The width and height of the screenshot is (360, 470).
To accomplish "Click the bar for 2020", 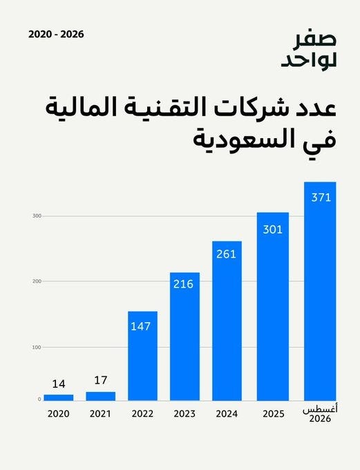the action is (x=59, y=397).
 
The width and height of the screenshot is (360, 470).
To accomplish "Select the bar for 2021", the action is (x=100, y=396).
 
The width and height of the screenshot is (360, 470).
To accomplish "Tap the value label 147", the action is (x=140, y=326).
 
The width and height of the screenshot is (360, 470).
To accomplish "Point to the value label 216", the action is (x=183, y=284).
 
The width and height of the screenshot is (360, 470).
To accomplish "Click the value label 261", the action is (x=226, y=254).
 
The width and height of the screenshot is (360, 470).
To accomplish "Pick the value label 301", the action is (x=273, y=229).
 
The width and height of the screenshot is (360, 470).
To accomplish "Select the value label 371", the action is (x=321, y=198).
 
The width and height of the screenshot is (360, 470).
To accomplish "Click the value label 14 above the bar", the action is (x=59, y=384).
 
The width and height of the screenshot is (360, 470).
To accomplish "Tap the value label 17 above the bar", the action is (x=101, y=380).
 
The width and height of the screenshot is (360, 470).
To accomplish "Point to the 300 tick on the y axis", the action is (x=37, y=216).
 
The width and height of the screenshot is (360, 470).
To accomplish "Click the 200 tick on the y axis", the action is (x=37, y=281).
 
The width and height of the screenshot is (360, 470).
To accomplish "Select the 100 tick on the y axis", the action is (x=37, y=347).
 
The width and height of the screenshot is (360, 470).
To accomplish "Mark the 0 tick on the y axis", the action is (x=39, y=399).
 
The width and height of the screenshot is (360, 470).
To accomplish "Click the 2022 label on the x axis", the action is (x=142, y=413).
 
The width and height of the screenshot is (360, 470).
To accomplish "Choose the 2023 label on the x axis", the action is (x=184, y=413).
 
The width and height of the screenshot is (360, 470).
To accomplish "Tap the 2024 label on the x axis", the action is (x=227, y=413).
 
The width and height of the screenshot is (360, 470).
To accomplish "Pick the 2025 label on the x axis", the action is (x=274, y=413).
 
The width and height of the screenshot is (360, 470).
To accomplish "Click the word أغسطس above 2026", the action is (x=320, y=410).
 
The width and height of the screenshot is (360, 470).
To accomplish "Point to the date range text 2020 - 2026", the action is (x=57, y=34).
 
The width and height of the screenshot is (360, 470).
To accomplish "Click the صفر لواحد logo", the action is (x=309, y=50).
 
